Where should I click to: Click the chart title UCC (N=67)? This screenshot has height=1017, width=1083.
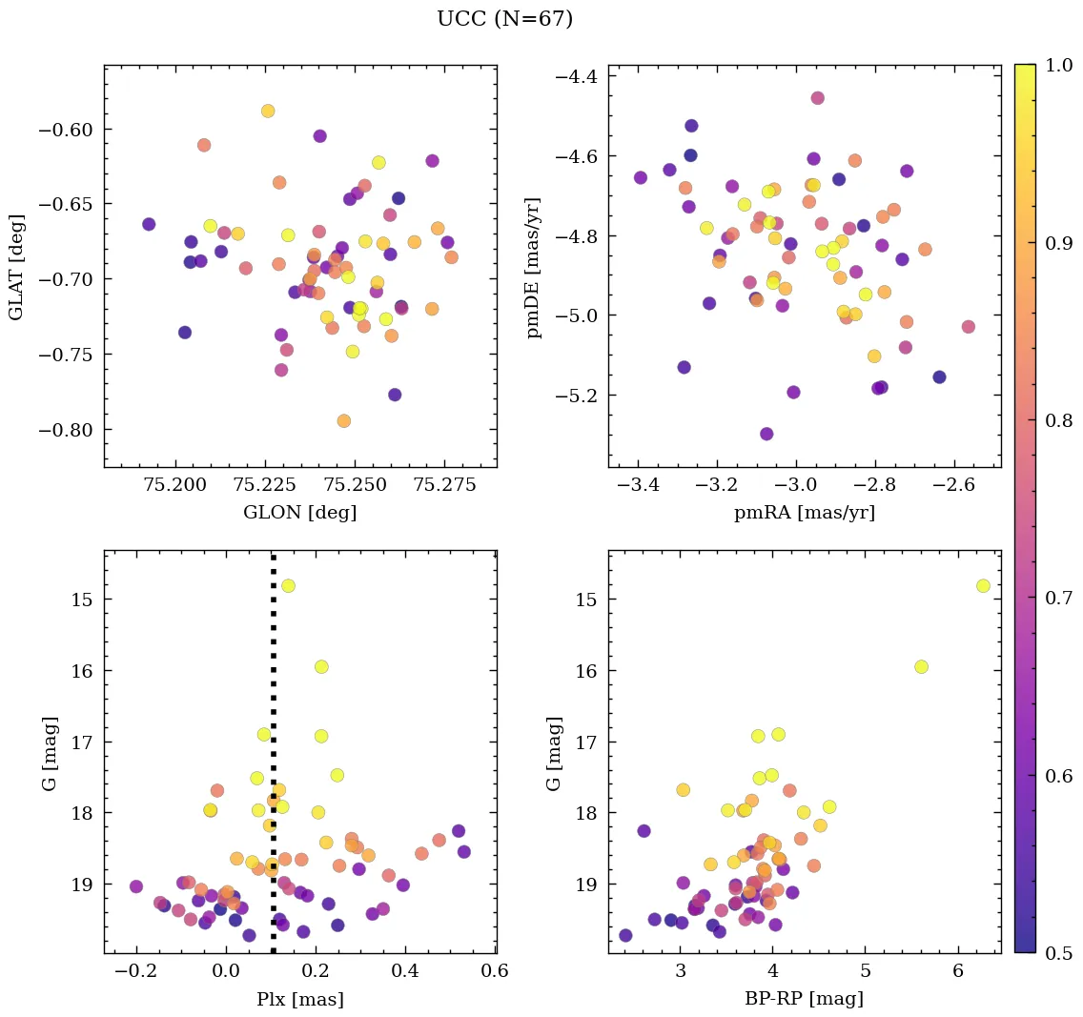click(504, 19)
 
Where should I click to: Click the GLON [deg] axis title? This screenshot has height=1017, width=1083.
click(299, 513)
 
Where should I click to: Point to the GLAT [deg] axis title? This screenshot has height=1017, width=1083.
click(17, 267)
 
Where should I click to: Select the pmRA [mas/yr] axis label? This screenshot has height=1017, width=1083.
click(804, 513)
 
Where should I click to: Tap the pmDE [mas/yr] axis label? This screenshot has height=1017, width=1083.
click(535, 267)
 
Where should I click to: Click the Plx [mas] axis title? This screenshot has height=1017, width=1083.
click(299, 999)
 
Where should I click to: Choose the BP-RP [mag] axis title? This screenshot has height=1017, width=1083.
click(804, 999)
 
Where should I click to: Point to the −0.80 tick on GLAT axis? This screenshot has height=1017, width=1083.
click(72, 430)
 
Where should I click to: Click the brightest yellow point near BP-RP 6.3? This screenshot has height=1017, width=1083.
click(983, 585)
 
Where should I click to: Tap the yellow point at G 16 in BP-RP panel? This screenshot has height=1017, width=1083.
click(921, 666)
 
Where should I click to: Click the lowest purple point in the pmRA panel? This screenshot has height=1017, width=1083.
click(766, 434)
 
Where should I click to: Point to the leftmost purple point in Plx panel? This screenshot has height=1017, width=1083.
click(136, 886)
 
